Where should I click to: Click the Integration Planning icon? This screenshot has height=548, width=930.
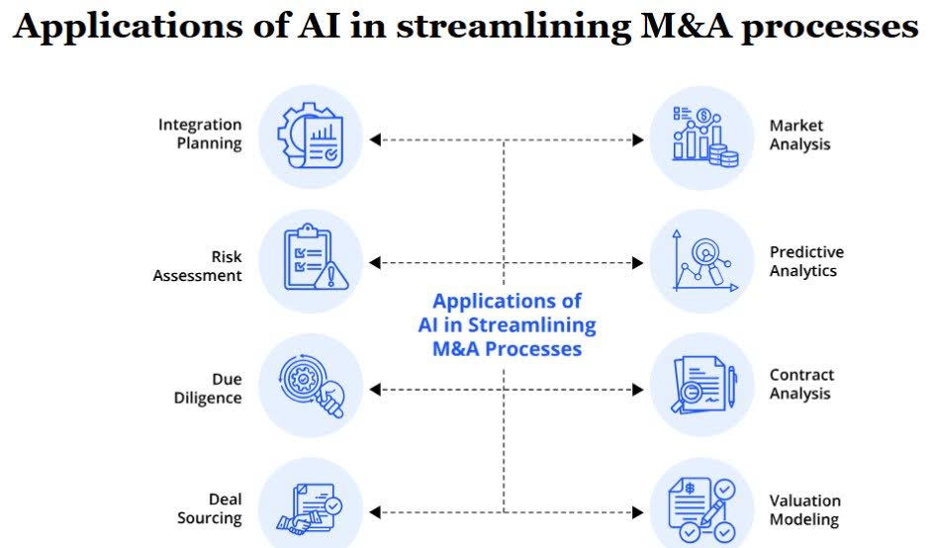tap(311, 137)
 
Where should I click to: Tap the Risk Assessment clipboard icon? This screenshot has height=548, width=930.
tap(311, 261)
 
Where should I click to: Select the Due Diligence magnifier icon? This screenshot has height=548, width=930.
tap(311, 386)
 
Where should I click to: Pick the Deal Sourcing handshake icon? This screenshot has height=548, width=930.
tap(311, 509)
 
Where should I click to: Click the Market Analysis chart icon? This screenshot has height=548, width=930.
tap(701, 137)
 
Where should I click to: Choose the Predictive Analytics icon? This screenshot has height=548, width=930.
tap(701, 261)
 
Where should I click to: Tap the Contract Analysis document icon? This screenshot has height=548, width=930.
tap(701, 386)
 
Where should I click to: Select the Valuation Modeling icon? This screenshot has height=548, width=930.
tap(701, 509)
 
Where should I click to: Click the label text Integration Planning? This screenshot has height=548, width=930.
tap(200, 135)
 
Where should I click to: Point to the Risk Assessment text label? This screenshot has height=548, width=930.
tap(197, 267)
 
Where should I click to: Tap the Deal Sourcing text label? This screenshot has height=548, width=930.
tap(210, 509)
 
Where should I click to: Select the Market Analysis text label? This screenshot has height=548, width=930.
tap(799, 136)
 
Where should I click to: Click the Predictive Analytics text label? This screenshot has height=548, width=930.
tap(806, 262)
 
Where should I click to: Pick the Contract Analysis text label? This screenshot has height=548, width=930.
tap(801, 385)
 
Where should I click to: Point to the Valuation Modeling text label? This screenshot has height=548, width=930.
tap(804, 510)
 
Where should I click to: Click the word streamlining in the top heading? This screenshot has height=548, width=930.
tap(509, 27)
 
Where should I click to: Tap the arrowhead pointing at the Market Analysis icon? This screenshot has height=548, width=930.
tap(638, 140)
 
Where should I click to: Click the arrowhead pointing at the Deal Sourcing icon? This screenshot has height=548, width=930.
tap(375, 512)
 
